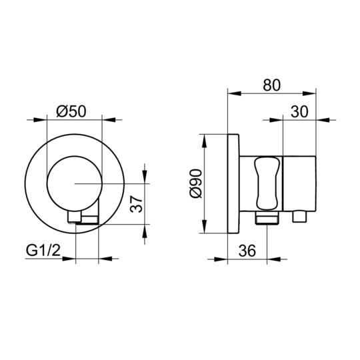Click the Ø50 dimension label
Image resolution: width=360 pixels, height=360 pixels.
coord(71,111)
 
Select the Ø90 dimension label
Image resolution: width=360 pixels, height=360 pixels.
coord(195,183)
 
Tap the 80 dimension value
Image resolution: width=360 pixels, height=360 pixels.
coord(271,85)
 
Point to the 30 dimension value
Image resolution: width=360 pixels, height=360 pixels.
coord(299,112)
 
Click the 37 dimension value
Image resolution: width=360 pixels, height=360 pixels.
coord(136,204)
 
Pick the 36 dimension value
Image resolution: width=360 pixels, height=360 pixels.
coord(247,251)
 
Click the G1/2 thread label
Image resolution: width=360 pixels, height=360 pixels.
coord(43,250)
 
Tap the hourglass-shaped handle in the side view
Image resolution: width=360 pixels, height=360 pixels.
coord(267,183)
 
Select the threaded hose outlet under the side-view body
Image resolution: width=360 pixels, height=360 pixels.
coord(267,217)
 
